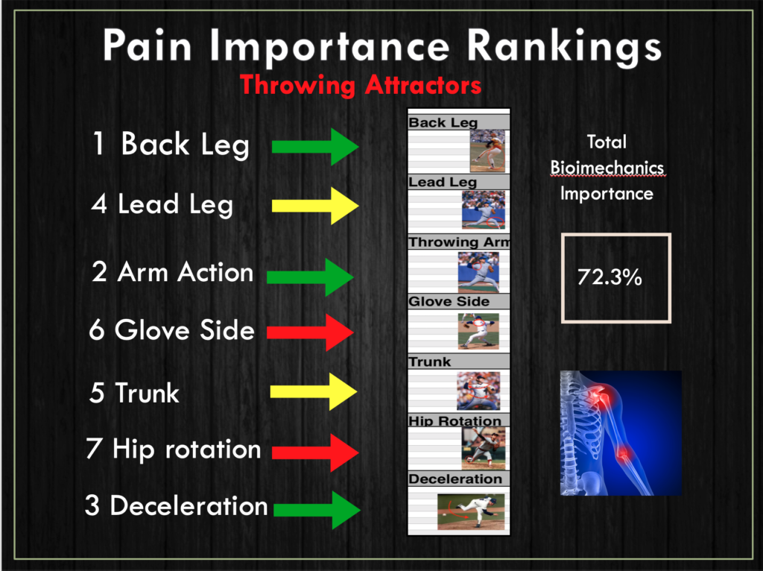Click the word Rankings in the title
tap(564, 47)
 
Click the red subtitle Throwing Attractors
tap(361, 85)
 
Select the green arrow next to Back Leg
tap(315, 147)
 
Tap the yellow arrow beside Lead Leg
tap(315, 206)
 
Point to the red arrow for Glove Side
tap(310, 332)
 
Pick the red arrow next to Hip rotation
tap(315, 452)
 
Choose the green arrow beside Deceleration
tap(317, 510)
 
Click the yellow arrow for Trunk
tap(314, 391)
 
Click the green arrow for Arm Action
tap(310, 277)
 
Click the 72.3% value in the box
tap(610, 277)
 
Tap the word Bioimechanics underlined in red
tap(607, 168)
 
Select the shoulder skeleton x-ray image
tap(621, 433)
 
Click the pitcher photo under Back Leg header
tap(487, 151)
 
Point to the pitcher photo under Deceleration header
tap(471, 511)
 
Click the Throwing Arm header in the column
tap(459, 242)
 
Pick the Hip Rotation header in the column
tap(455, 420)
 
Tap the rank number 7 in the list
tap(94, 448)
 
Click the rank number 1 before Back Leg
tap(99, 144)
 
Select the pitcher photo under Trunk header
tap(478, 391)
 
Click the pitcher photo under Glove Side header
tap(478, 331)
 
